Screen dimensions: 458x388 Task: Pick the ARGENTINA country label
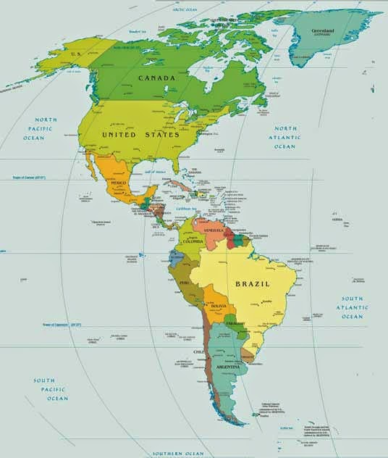229,368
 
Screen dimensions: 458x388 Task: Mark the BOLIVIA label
219,307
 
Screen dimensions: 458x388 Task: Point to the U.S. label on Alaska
74,53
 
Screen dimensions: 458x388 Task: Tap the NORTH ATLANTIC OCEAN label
284,137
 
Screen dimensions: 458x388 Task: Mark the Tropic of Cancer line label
29,176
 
